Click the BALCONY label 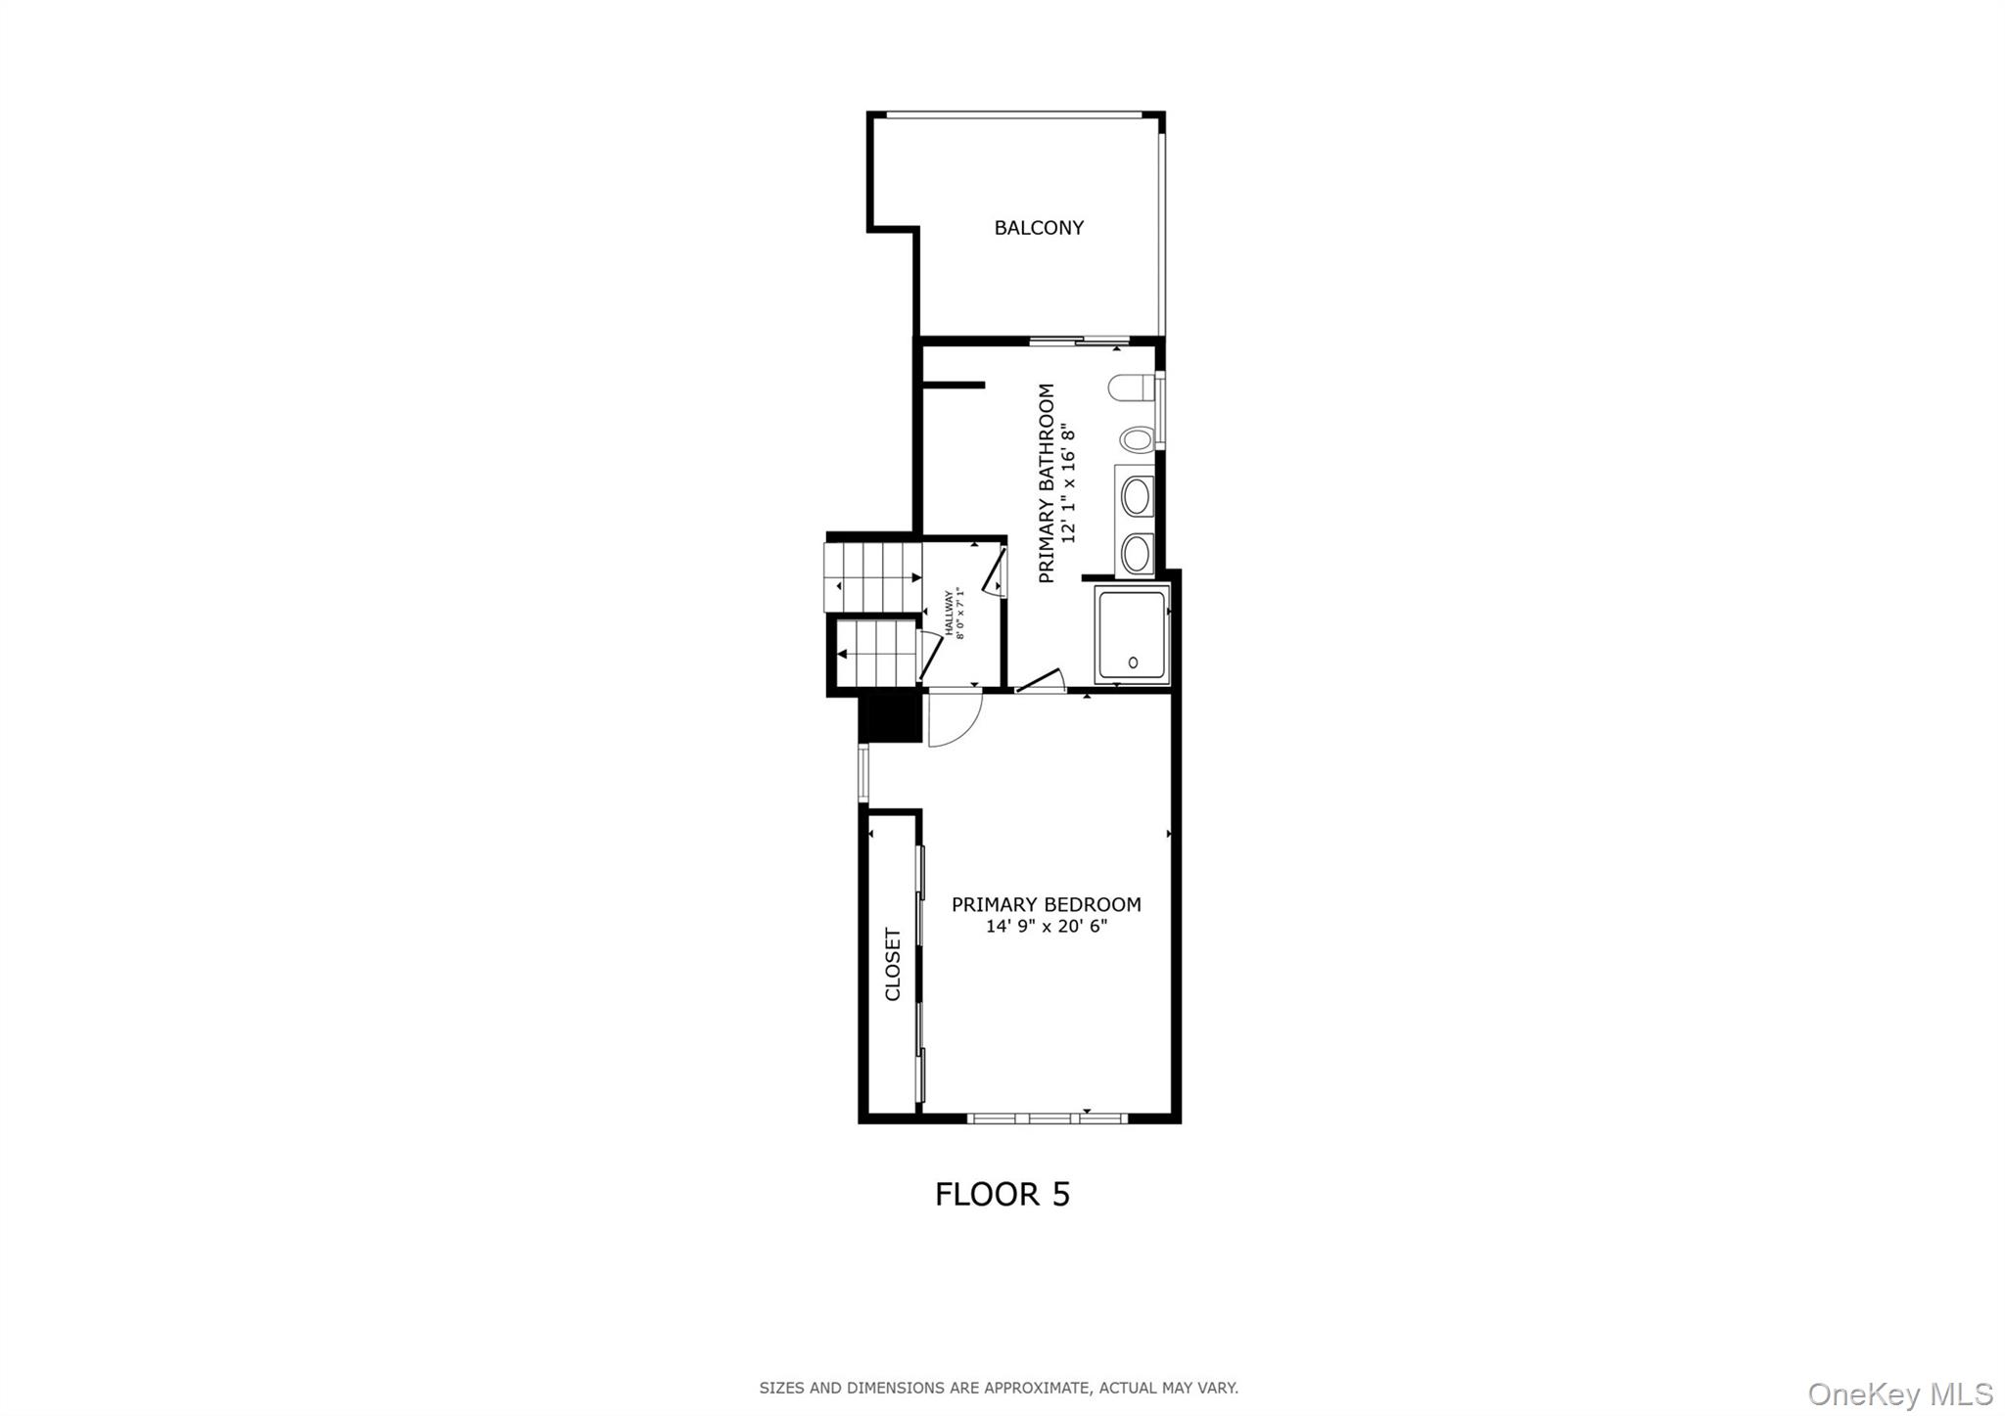(1039, 228)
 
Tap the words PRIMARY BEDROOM (1046, 905)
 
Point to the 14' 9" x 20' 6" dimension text (1046, 926)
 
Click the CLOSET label (892, 964)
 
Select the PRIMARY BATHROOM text (1047, 483)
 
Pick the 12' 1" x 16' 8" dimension (1068, 483)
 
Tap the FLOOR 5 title (1002, 1194)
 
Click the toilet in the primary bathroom (1132, 388)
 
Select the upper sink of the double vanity (1136, 497)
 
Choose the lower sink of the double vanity (1136, 554)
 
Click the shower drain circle (1134, 662)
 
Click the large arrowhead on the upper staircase (916, 578)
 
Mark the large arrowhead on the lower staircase (842, 653)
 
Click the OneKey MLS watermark (1900, 1393)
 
